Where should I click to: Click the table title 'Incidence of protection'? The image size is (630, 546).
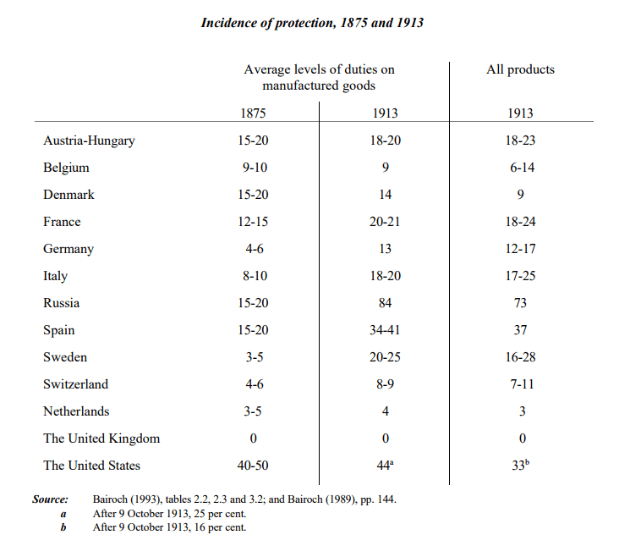[x=269, y=23]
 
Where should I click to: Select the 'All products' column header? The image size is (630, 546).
[x=520, y=69]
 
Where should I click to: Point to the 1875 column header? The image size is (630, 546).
[x=253, y=113]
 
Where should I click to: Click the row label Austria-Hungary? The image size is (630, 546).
[x=89, y=141]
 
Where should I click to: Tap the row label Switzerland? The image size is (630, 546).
[x=76, y=384]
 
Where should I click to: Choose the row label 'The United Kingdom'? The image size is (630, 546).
[x=101, y=438]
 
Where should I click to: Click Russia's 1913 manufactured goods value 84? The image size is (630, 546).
[x=385, y=303]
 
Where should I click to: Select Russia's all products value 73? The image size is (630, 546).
[x=520, y=303]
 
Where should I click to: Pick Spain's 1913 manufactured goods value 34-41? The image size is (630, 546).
[x=385, y=330]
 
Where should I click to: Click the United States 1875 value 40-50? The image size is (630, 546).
[x=253, y=466]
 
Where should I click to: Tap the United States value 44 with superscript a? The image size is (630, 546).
[x=385, y=466]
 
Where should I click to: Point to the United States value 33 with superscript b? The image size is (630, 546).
[x=521, y=466]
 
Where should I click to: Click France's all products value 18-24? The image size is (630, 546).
[x=520, y=222]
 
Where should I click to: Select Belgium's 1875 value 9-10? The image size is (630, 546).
[x=255, y=168]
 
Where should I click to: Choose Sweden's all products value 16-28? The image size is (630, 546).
[x=520, y=357]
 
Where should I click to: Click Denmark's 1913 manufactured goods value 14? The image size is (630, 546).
[x=385, y=195]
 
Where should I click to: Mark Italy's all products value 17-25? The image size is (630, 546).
[x=520, y=276]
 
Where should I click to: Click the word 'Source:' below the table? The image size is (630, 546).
[x=50, y=499]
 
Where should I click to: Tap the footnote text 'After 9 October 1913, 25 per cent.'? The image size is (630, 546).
[x=169, y=514]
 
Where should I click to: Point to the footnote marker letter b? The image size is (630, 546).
[x=63, y=527]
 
